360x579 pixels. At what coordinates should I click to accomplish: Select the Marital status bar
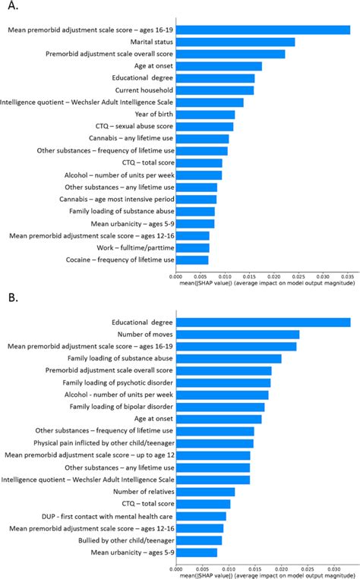[235, 42]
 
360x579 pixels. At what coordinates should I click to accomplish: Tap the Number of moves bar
[238, 334]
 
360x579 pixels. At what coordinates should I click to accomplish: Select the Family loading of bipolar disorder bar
[219, 407]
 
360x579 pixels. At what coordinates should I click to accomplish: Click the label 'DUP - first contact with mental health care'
[99, 516]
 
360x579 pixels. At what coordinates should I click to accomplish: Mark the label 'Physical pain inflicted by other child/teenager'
[97, 443]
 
